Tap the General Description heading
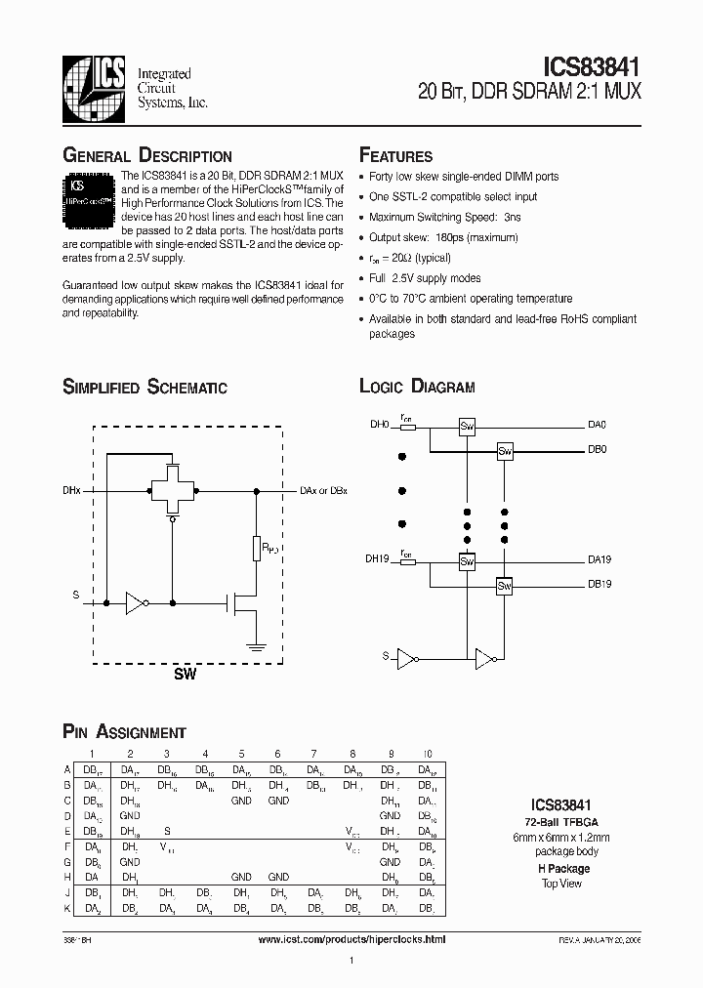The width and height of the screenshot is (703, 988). [147, 156]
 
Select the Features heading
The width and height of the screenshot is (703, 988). [396, 156]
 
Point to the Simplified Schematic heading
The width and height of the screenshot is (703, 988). [145, 387]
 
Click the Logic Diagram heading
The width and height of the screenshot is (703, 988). [417, 387]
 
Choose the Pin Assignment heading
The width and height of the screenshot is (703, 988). [124, 732]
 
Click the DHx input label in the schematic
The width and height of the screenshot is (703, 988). [72, 490]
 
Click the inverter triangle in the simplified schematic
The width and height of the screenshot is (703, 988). [135, 604]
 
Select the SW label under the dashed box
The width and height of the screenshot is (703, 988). [185, 675]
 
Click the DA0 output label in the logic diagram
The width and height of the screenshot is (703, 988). [597, 425]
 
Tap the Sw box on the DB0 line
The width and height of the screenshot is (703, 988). [505, 450]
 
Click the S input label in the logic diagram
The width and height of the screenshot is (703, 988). [386, 657]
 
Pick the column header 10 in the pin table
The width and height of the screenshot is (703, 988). [427, 754]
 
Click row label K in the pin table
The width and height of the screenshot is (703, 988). [67, 908]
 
